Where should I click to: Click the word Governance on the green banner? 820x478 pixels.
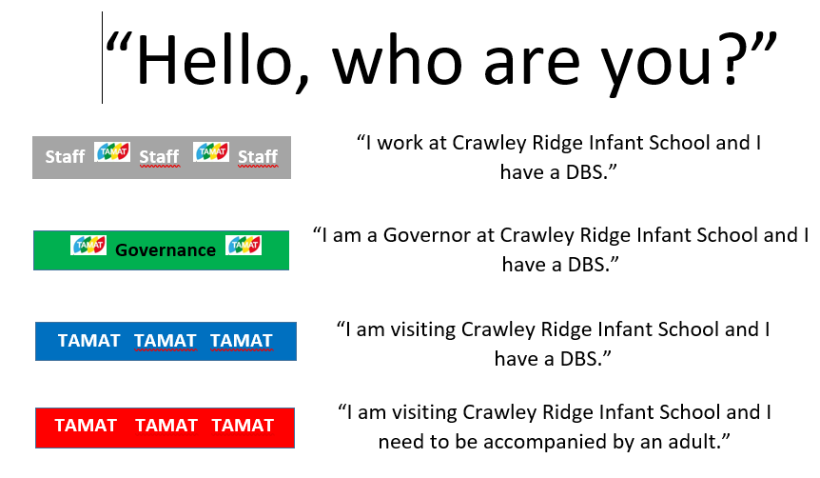pos(166,250)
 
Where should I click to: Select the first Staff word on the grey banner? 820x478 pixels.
pos(65,156)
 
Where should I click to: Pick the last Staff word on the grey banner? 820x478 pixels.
pos(258,156)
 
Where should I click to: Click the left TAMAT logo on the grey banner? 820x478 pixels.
pos(112,151)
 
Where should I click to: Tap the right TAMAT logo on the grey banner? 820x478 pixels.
pos(211,151)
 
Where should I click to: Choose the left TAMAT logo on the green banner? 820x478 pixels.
pos(88,245)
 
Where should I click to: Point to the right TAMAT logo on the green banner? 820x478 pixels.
pos(244,245)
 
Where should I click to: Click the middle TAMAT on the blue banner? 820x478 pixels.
pos(166,341)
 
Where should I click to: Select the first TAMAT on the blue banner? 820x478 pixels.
pos(88,341)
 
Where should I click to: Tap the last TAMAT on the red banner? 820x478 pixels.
pos(243,425)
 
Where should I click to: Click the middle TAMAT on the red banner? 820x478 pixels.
pos(166,425)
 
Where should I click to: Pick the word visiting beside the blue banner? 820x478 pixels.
pos(423,329)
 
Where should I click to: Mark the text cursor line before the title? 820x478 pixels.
pos(102,57)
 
